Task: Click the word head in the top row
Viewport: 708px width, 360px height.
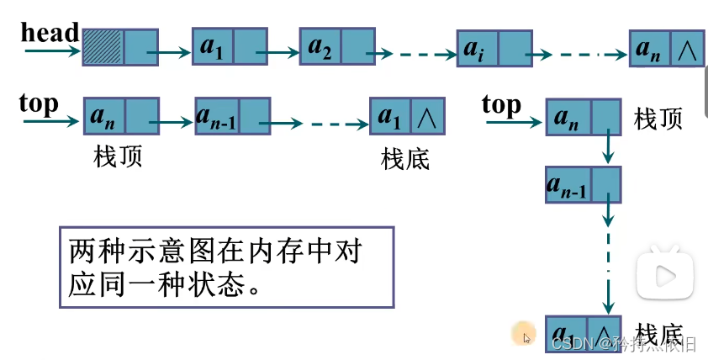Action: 50,33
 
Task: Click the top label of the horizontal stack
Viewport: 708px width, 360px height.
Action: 39,103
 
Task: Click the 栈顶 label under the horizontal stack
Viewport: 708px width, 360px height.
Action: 118,156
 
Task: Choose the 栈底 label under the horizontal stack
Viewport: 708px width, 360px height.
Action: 405,158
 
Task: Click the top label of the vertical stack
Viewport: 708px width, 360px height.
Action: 501,105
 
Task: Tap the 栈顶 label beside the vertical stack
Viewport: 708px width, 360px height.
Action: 658,119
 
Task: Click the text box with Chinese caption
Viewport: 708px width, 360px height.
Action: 226,266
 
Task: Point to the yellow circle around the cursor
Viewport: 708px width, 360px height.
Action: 526,333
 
